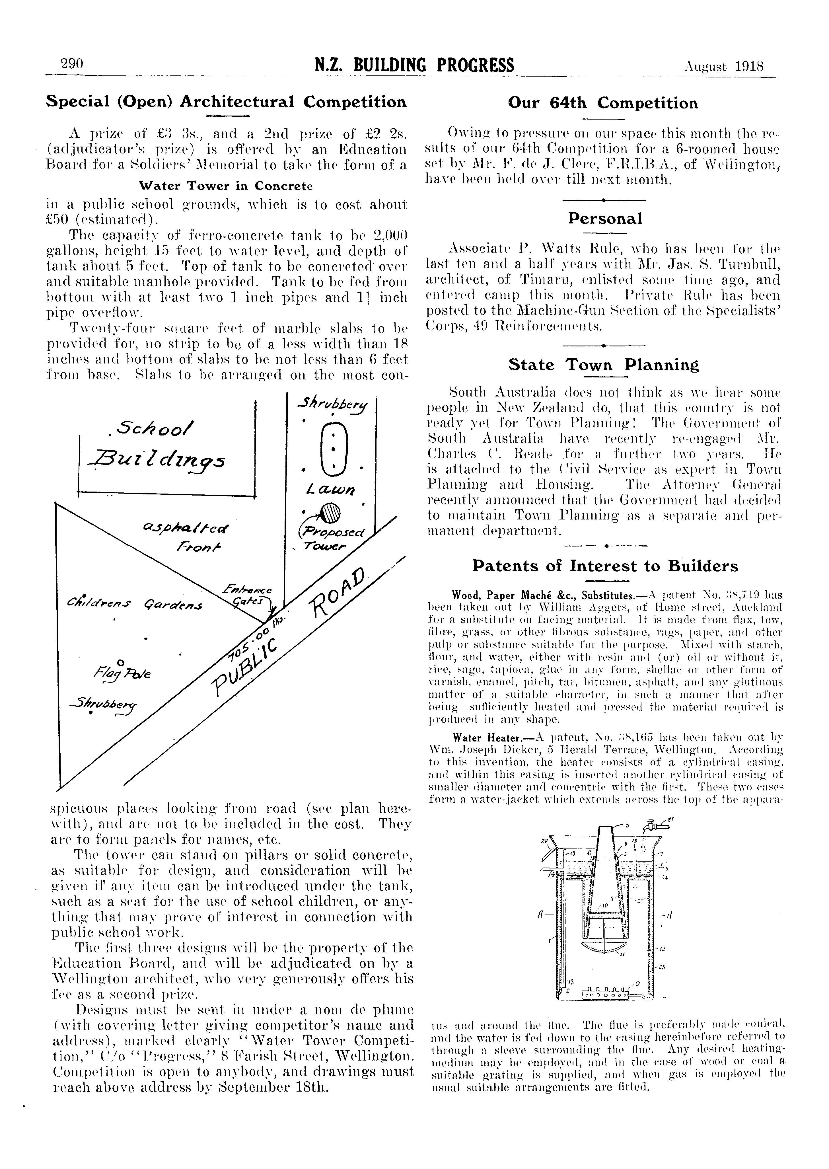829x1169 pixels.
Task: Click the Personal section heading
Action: pos(605,219)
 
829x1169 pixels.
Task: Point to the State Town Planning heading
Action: pos(603,365)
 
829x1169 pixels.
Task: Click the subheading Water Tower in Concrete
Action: pos(226,186)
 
